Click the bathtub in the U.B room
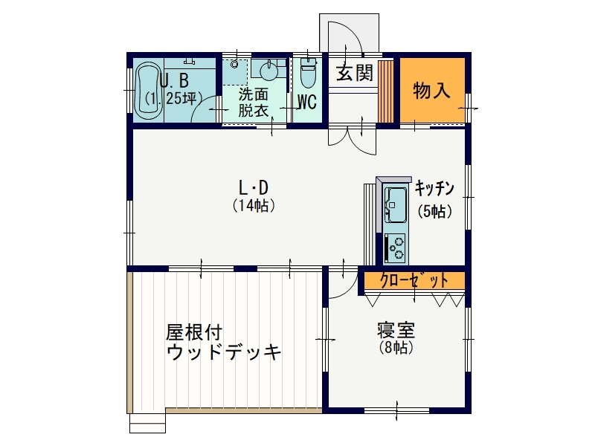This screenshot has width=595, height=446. point(148,89)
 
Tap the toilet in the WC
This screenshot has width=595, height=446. point(308,72)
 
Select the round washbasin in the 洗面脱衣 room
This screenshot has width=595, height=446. point(270,71)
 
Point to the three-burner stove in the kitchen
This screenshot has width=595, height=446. point(395,248)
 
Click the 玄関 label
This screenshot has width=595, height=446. point(356,72)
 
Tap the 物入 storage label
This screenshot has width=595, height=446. point(431,91)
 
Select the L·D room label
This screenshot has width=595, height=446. point(253,187)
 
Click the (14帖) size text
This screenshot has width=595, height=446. point(253,206)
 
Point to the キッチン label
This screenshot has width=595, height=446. point(434,188)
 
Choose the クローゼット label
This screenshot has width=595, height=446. point(414,281)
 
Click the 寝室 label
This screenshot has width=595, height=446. point(396,330)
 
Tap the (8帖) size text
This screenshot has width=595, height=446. point(396,347)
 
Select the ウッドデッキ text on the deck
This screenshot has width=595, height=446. point(224,352)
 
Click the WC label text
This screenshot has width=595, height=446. point(307,102)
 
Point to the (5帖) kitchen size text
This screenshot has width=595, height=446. point(435,211)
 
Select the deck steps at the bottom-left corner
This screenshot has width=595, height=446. point(147,423)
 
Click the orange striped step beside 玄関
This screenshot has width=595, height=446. point(385,91)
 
